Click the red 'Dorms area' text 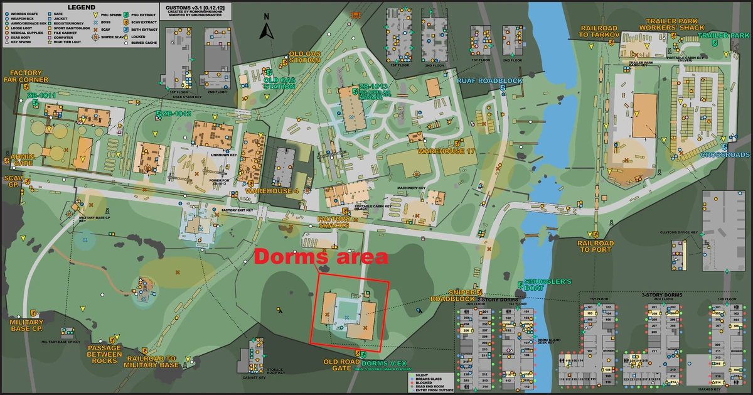click(321, 257)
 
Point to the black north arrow click(267, 30)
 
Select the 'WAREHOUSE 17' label click(447, 151)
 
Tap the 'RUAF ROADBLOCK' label click(481, 81)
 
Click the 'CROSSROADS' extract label click(725, 154)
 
